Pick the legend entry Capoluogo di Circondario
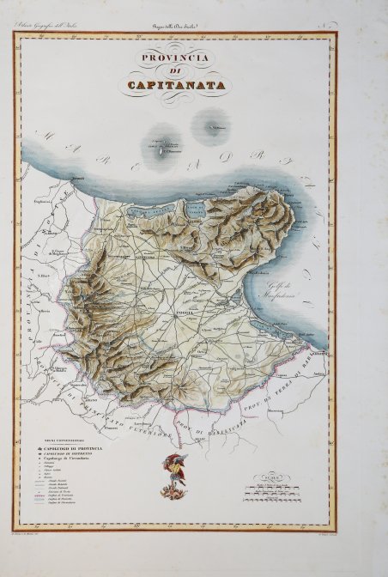click(82, 461)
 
